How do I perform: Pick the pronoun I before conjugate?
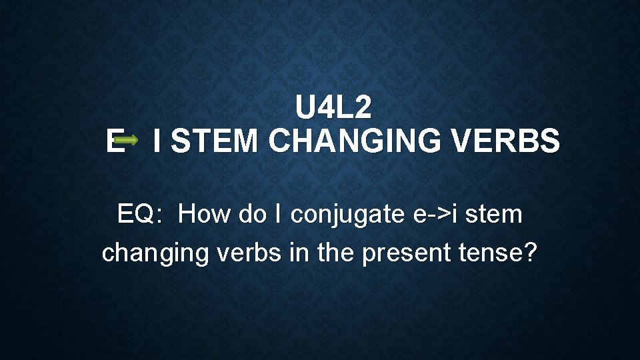pyautogui.click(x=277, y=215)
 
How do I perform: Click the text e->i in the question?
pyautogui.click(x=431, y=215)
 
